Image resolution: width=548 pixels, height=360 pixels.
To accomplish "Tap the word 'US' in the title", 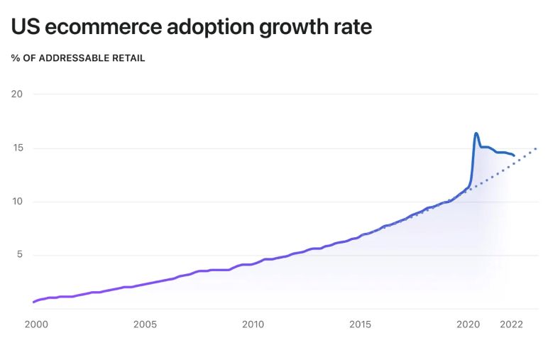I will (25, 27).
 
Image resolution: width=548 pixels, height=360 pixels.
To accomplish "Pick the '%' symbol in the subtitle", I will (15, 58).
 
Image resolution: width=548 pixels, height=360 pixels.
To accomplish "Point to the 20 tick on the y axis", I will (17, 94).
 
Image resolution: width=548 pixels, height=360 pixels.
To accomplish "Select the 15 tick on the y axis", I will (17, 148).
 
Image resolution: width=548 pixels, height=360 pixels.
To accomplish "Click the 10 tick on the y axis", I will (17, 202).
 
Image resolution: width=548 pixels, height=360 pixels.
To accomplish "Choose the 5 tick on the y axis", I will (20, 255).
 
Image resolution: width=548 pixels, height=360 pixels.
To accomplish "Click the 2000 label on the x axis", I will (36, 324).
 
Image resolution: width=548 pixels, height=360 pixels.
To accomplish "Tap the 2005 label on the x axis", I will (145, 324).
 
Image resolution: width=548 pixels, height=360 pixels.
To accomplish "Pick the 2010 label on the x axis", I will (253, 324).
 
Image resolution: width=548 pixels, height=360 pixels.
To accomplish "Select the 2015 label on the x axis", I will (361, 324).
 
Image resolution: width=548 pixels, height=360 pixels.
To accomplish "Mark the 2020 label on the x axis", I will (469, 324).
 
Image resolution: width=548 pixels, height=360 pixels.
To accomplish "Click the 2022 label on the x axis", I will (512, 324).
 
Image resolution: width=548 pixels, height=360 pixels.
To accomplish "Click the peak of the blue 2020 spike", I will (476, 133).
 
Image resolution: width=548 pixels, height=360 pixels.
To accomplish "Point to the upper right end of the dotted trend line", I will (536, 148).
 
